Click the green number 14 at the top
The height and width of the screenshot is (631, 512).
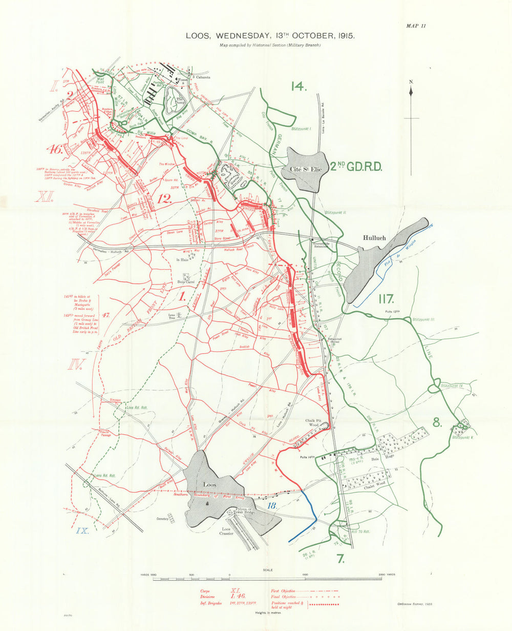point(298,86)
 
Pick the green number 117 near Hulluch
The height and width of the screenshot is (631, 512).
point(390,298)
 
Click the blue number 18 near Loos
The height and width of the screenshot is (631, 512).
point(273,506)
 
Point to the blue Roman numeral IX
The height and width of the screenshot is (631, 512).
point(82,531)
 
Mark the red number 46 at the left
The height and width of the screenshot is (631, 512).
point(55,150)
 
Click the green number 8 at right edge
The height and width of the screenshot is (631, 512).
point(436,422)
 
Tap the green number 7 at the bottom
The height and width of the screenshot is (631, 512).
point(341,559)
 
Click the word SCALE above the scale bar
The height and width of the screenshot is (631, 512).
point(267,570)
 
